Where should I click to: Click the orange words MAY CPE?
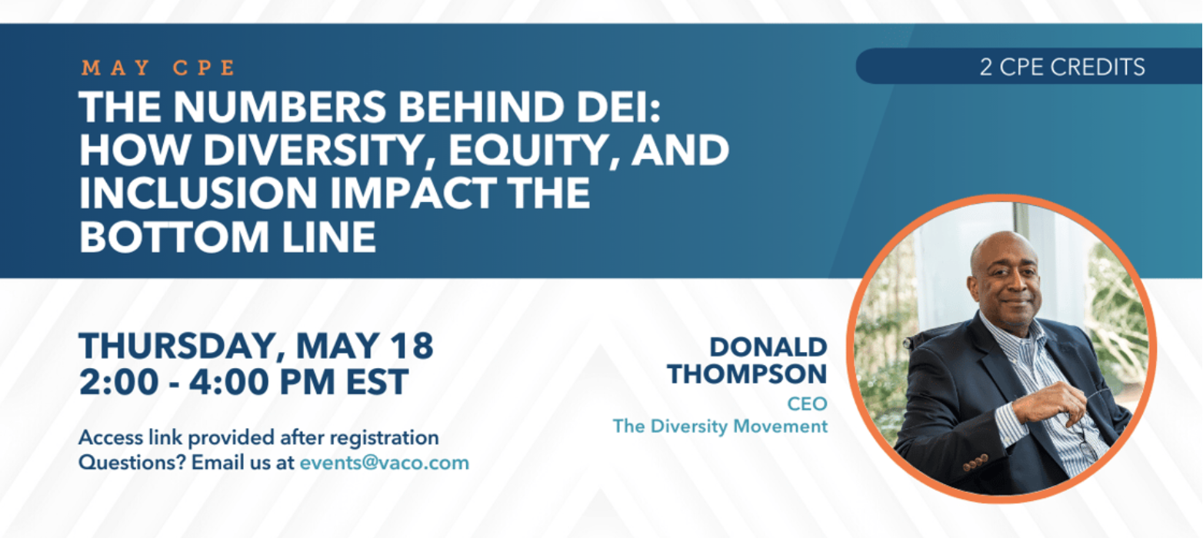(158, 68)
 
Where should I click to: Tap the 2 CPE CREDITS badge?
(1028, 66)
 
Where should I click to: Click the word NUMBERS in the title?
(279, 107)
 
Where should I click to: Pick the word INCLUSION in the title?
(198, 193)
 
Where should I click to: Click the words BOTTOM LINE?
(228, 237)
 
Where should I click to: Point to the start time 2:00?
(118, 382)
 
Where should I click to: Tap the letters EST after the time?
(377, 382)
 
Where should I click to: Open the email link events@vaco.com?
(385, 463)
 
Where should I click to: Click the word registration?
(384, 438)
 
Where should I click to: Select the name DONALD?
(768, 347)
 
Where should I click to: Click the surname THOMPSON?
(747, 374)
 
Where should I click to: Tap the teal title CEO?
(807, 403)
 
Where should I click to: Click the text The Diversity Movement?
(720, 427)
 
